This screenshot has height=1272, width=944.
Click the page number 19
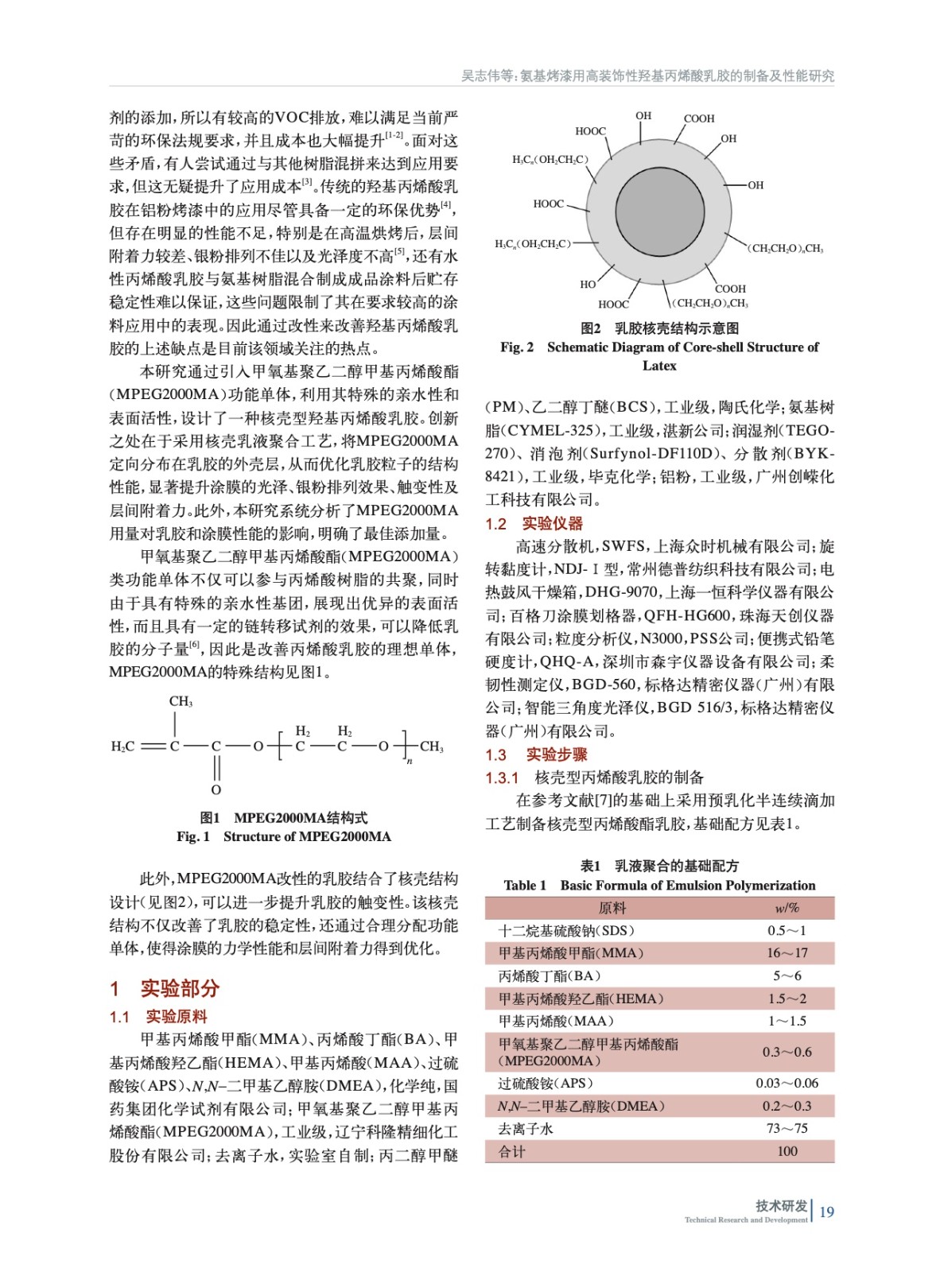click(x=826, y=1212)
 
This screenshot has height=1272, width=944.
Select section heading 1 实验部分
click(x=165, y=988)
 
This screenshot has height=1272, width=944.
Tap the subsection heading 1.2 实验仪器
click(x=534, y=524)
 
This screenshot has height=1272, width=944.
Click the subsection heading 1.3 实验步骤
click(x=536, y=754)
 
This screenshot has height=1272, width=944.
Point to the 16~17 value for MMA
click(x=787, y=953)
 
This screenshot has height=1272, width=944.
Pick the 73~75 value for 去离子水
click(x=787, y=1129)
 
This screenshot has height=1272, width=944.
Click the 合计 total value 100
click(x=787, y=1151)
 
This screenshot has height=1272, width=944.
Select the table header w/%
click(x=787, y=908)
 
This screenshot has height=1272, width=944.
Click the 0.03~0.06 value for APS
click(x=787, y=1083)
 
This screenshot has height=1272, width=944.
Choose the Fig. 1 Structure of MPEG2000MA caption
click(x=284, y=836)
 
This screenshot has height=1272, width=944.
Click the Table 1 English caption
click(x=659, y=886)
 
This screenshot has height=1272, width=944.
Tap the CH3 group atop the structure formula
click(x=181, y=702)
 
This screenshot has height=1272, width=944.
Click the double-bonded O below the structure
click(x=216, y=789)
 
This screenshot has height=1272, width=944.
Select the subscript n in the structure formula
click(x=410, y=762)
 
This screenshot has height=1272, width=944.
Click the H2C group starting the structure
click(x=122, y=747)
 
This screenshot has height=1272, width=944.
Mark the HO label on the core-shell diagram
click(x=588, y=284)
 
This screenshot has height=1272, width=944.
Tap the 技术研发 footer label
click(x=781, y=1205)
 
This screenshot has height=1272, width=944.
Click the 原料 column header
click(x=612, y=908)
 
